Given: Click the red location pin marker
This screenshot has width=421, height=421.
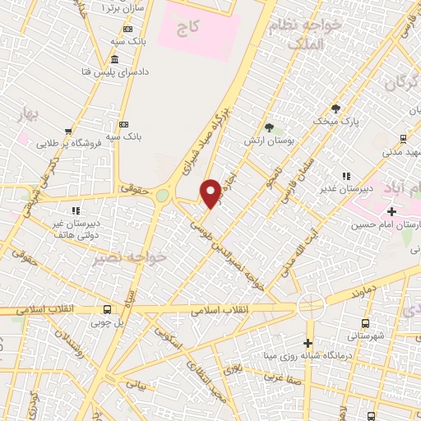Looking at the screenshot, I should click(211, 192).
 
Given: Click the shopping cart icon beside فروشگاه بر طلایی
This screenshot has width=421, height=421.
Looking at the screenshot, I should click(67, 130).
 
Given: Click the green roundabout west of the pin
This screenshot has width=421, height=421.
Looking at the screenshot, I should click(162, 196).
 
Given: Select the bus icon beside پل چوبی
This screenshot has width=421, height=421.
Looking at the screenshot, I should click(108, 309).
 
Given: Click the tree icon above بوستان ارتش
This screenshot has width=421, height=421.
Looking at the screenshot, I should click(269, 126).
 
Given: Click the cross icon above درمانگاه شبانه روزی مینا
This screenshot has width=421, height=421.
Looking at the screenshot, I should click(308, 343).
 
